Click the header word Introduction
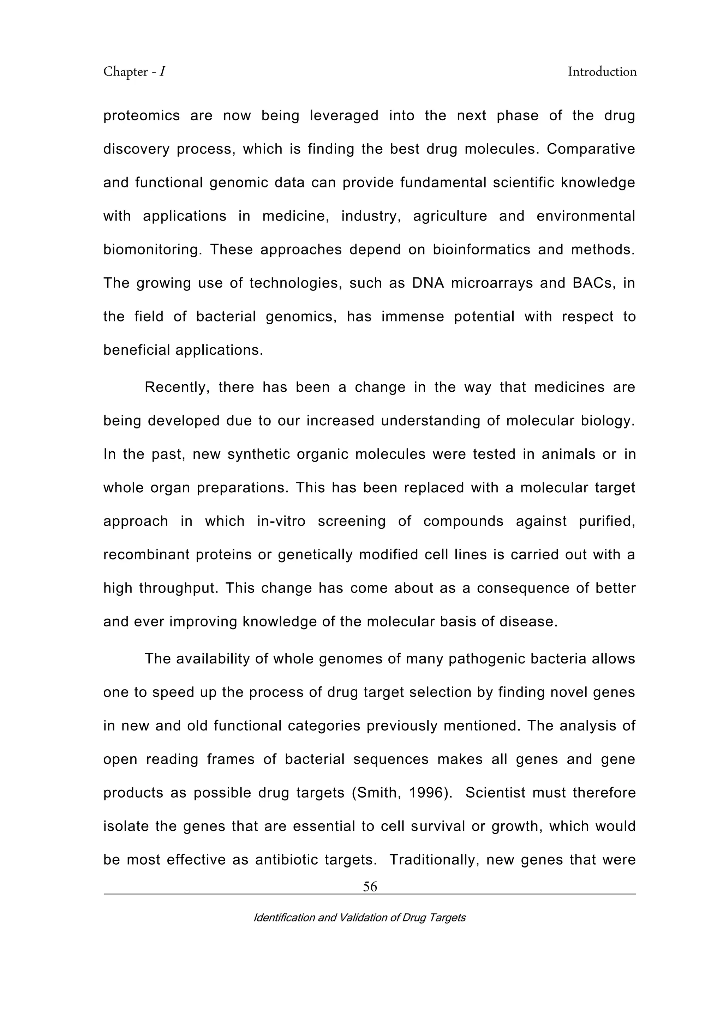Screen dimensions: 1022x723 [602, 72]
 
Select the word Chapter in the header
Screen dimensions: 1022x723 [126, 72]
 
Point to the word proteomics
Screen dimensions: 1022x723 [141, 116]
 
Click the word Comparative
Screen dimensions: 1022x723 [591, 149]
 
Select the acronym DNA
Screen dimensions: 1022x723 [428, 283]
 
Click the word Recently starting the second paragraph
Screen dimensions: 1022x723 [177, 387]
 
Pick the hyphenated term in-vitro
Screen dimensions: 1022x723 [281, 521]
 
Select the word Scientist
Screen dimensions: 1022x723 [494, 793]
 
